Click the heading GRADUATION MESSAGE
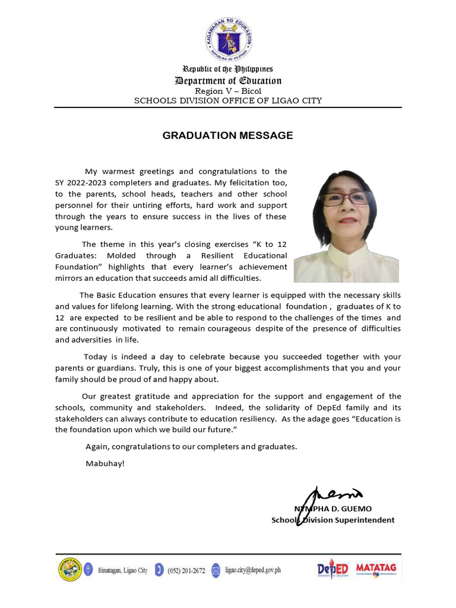227,135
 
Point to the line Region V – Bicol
228,91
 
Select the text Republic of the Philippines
228,69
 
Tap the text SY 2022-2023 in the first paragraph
80,182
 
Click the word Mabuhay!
105,463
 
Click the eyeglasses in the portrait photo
346,199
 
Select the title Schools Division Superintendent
332,520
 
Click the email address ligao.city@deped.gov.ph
252,571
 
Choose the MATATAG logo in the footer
376,571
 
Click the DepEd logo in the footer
332,571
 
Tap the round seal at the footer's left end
69,570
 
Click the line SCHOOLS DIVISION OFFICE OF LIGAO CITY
228,100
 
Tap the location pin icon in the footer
88,570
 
